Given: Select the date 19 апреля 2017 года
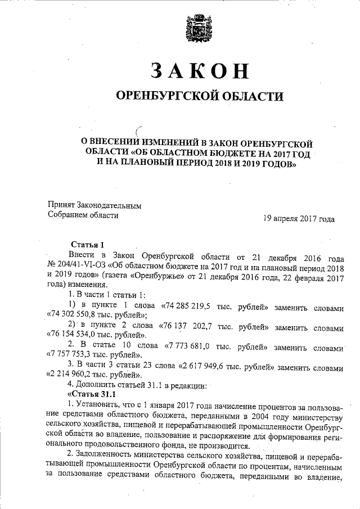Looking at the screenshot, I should [299, 219].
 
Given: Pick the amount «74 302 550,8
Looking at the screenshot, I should [74, 316].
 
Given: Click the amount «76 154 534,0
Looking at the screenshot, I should [74, 337].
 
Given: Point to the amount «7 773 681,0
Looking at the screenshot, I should [193, 347].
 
